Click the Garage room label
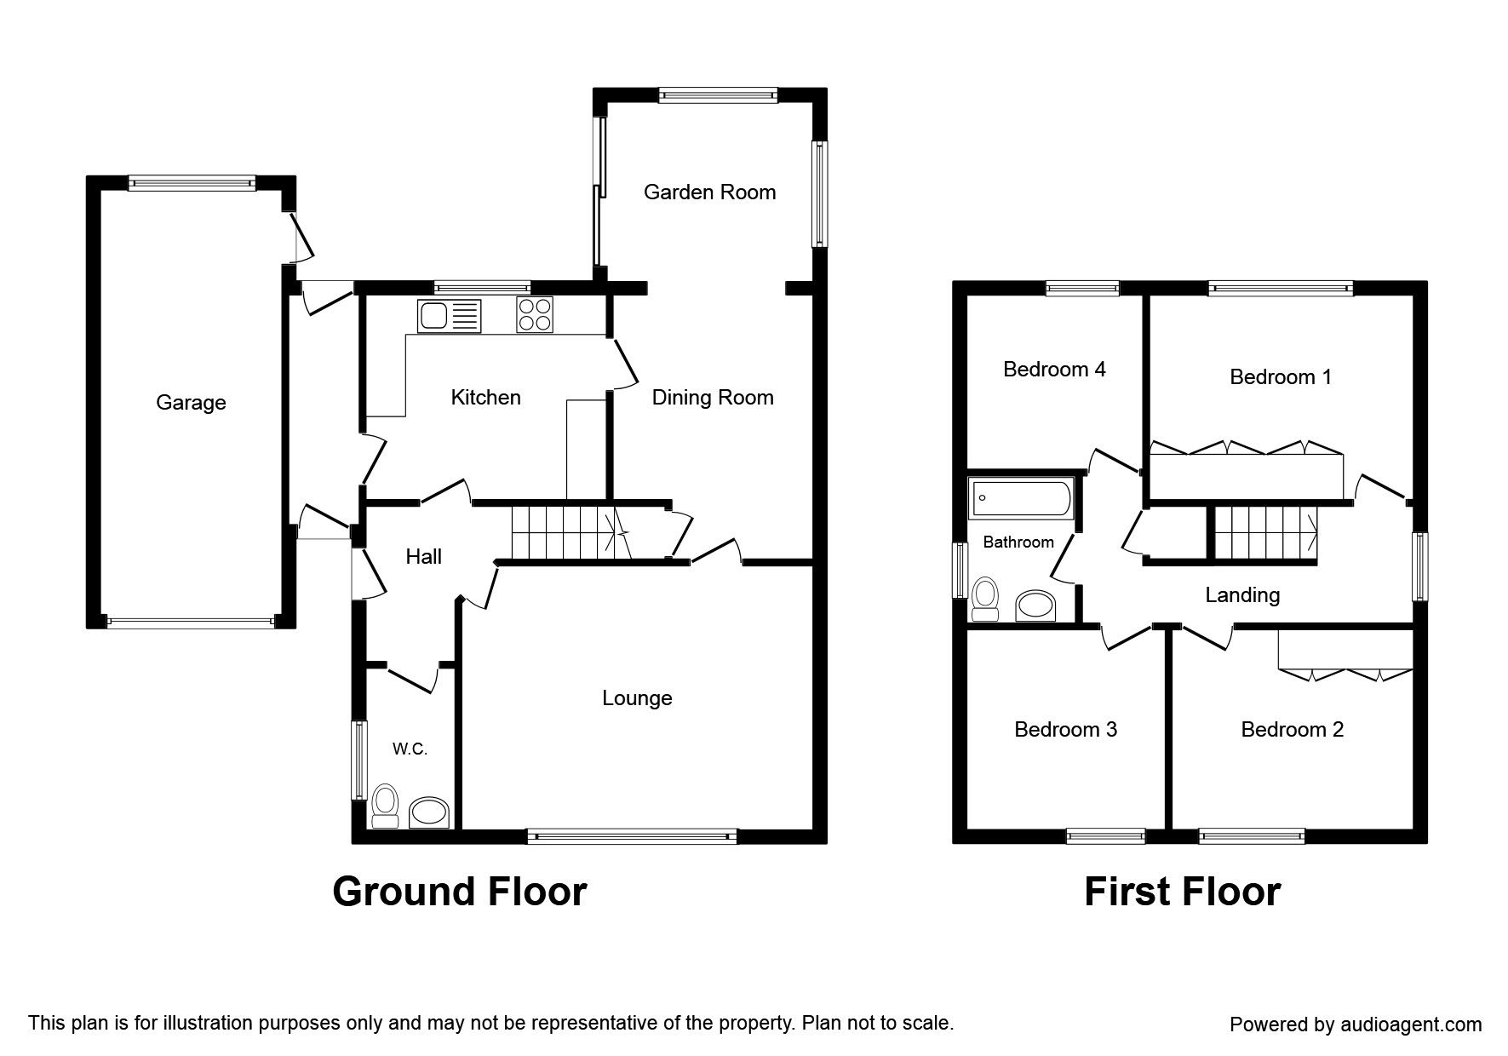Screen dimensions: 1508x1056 191,402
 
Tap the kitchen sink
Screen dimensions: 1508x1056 449,316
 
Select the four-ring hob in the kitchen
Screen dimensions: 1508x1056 534,315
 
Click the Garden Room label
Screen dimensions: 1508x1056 709,192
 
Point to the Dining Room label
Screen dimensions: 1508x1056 713,397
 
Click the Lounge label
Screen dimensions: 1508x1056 637,698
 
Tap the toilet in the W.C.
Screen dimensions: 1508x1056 386,806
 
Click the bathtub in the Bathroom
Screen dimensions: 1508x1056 1022,499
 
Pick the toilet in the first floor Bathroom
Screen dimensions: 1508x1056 986,598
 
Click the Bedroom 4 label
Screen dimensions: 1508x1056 1054,369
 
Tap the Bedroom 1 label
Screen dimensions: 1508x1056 1281,376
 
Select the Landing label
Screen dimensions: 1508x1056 1242,594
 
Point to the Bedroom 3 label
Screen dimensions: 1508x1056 1065,729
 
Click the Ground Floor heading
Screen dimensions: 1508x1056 459,892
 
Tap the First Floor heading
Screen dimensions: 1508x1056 1182,892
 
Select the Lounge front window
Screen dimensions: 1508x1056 632,837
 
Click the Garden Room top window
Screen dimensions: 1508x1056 718,95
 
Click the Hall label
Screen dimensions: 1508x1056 423,556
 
